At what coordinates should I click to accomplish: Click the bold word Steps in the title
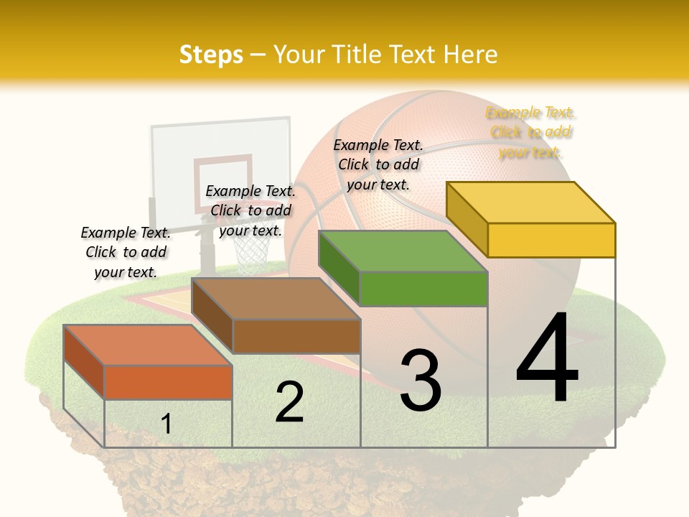click(x=211, y=55)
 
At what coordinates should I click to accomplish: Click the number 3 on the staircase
click(x=421, y=380)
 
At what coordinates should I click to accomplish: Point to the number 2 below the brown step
click(x=289, y=401)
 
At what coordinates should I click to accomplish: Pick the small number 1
click(x=167, y=424)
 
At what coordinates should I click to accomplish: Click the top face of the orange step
click(x=148, y=345)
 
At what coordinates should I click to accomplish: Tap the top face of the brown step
click(x=276, y=298)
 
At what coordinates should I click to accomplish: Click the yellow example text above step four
click(x=531, y=132)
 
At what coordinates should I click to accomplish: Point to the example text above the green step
click(x=378, y=164)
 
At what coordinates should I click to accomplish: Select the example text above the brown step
click(x=250, y=210)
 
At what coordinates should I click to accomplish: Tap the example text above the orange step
click(x=126, y=252)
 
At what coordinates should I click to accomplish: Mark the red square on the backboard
click(x=222, y=182)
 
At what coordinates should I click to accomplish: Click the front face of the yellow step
click(x=551, y=240)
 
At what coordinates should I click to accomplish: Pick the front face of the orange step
click(x=168, y=382)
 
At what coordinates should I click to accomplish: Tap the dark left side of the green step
click(x=339, y=267)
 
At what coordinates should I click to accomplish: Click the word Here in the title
click(x=471, y=55)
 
